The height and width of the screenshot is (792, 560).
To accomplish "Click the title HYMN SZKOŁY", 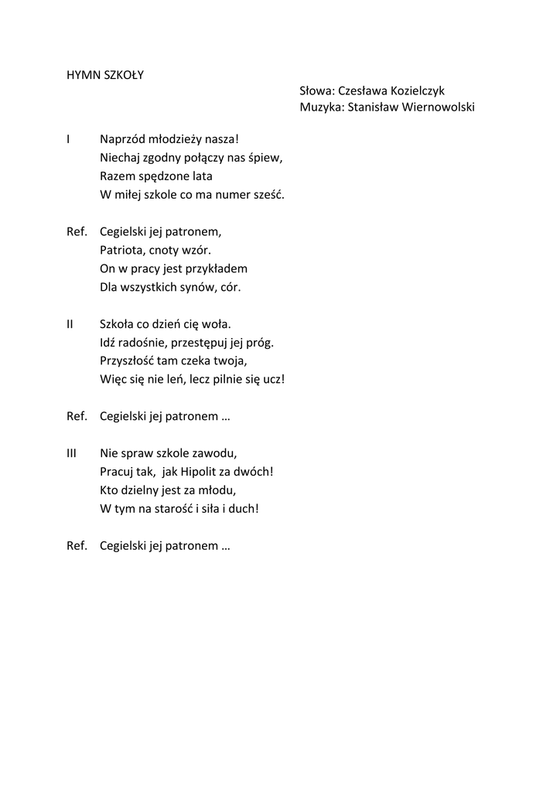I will click(105, 76).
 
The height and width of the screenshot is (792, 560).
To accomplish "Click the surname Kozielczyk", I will click(417, 91).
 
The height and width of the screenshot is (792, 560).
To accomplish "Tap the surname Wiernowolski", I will click(435, 108).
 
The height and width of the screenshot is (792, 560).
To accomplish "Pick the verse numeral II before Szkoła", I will click(71, 324).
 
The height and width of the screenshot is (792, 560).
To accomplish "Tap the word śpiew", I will click(267, 159).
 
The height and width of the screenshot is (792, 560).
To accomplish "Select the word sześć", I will click(268, 195).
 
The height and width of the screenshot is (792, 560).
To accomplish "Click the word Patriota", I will click(121, 250).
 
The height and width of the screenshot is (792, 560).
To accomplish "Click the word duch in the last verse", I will click(241, 509).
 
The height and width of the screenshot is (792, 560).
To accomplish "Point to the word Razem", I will click(116, 176).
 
